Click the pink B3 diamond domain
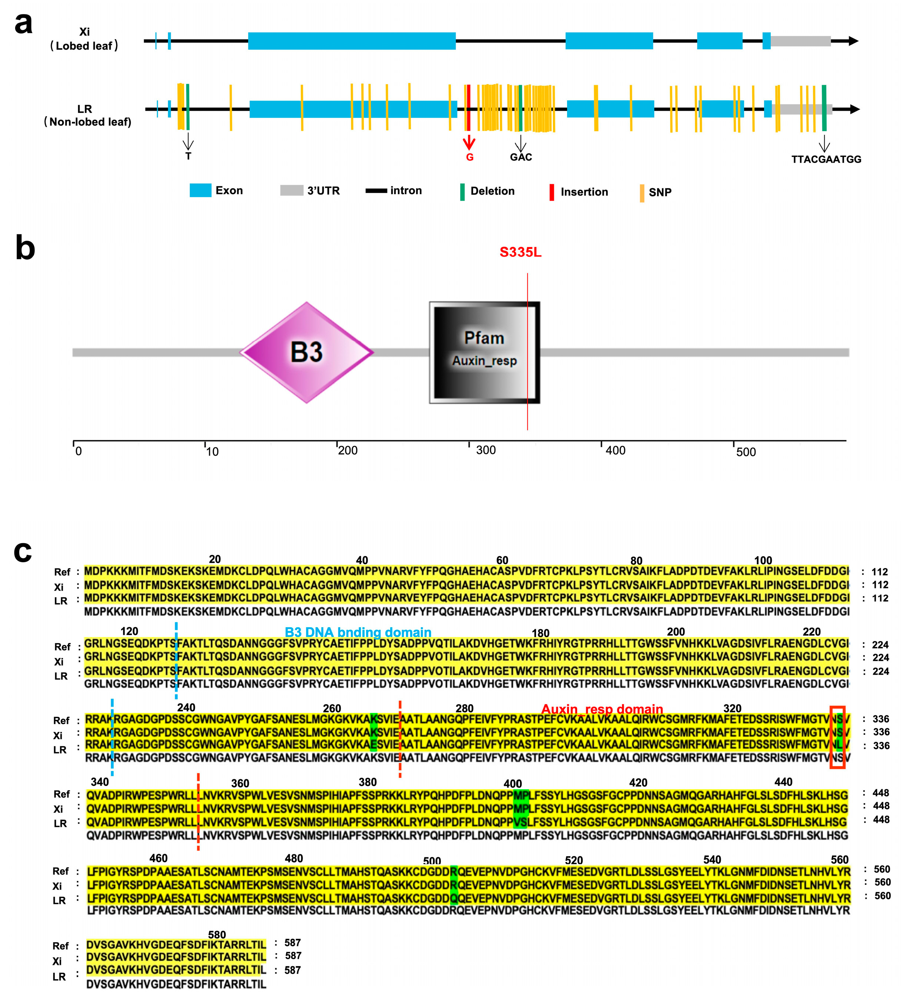[x=306, y=352]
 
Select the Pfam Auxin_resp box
[x=484, y=352]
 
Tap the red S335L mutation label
[x=520, y=252]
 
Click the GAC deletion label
[x=521, y=157]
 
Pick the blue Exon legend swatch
[x=201, y=190]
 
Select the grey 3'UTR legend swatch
[x=292, y=190]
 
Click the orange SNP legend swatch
[x=642, y=193]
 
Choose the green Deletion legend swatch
[x=462, y=192]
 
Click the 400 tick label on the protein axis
[x=615, y=450]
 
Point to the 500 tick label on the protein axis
[x=746, y=452]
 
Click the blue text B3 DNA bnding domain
[x=358, y=632]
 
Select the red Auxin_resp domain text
[x=602, y=709]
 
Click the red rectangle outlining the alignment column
[x=838, y=737]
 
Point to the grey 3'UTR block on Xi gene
[x=800, y=41]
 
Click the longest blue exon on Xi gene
[x=352, y=41]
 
